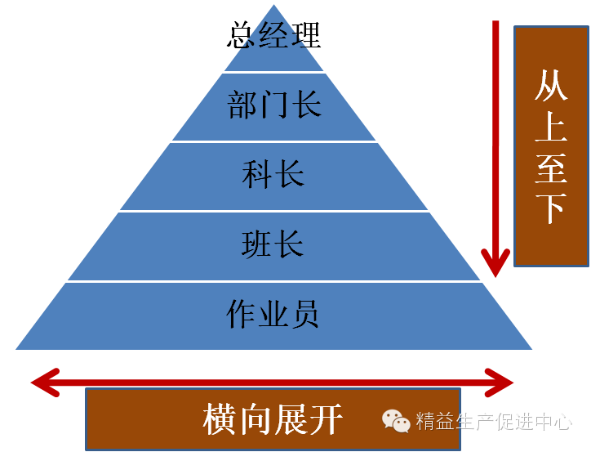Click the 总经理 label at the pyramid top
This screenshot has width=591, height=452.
pyautogui.click(x=274, y=35)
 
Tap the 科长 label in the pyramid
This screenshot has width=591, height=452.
pyautogui.click(x=274, y=174)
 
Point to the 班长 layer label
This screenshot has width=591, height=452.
pyautogui.click(x=274, y=244)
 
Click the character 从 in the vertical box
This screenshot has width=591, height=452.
pyautogui.click(x=550, y=85)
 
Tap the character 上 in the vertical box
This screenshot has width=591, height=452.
pyautogui.click(x=550, y=125)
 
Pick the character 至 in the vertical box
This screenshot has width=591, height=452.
pyautogui.click(x=550, y=167)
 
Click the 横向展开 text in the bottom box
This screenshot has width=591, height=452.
pyautogui.click(x=273, y=420)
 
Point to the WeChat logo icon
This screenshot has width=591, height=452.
pyautogui.click(x=396, y=421)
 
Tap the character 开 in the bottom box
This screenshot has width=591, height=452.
pyautogui.click(x=326, y=420)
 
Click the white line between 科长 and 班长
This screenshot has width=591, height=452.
pyautogui.click(x=274, y=212)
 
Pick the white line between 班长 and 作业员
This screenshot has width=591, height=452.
pyautogui.click(x=274, y=281)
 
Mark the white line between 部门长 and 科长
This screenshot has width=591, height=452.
pyautogui.click(x=274, y=142)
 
